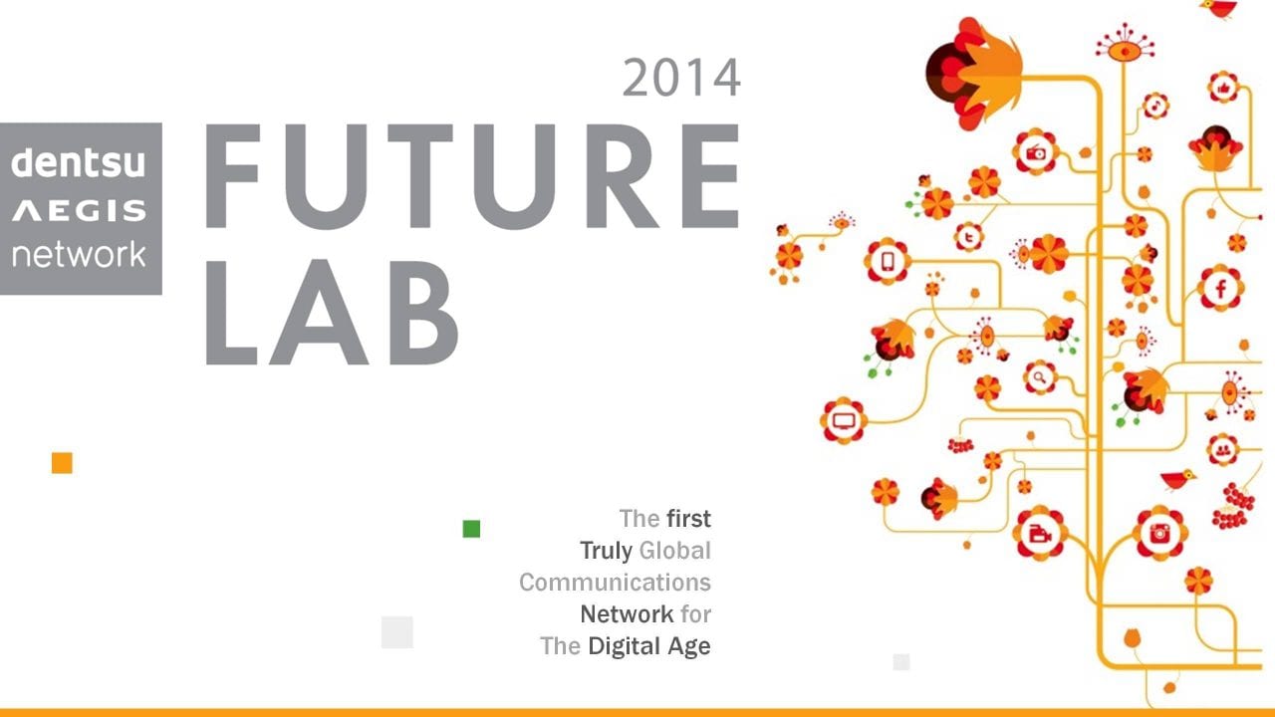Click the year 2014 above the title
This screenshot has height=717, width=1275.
coord(681,78)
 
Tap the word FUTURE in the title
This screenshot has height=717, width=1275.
coord(472,177)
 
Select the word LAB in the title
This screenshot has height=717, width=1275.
coord(333,312)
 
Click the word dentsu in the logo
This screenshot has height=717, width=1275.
coord(79,160)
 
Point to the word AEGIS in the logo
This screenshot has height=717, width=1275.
coord(79,210)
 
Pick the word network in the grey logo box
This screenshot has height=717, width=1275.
coord(79,254)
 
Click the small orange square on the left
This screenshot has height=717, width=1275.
coord(62,463)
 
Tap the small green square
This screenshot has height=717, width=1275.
coord(471,529)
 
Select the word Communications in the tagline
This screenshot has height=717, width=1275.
coord(615,582)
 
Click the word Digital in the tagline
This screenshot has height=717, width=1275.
coord(626,645)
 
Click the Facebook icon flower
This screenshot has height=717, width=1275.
coord(1220,289)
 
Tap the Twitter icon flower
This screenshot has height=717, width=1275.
coord(967,237)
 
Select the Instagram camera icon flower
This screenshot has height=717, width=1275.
coord(1159,533)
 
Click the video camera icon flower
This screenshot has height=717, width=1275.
coord(1040,533)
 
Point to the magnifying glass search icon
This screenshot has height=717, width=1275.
coord(1039,377)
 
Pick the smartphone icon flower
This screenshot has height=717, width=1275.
coord(887,262)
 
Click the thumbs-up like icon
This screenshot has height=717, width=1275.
coord(1223,88)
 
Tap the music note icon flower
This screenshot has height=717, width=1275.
coord(1155,105)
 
